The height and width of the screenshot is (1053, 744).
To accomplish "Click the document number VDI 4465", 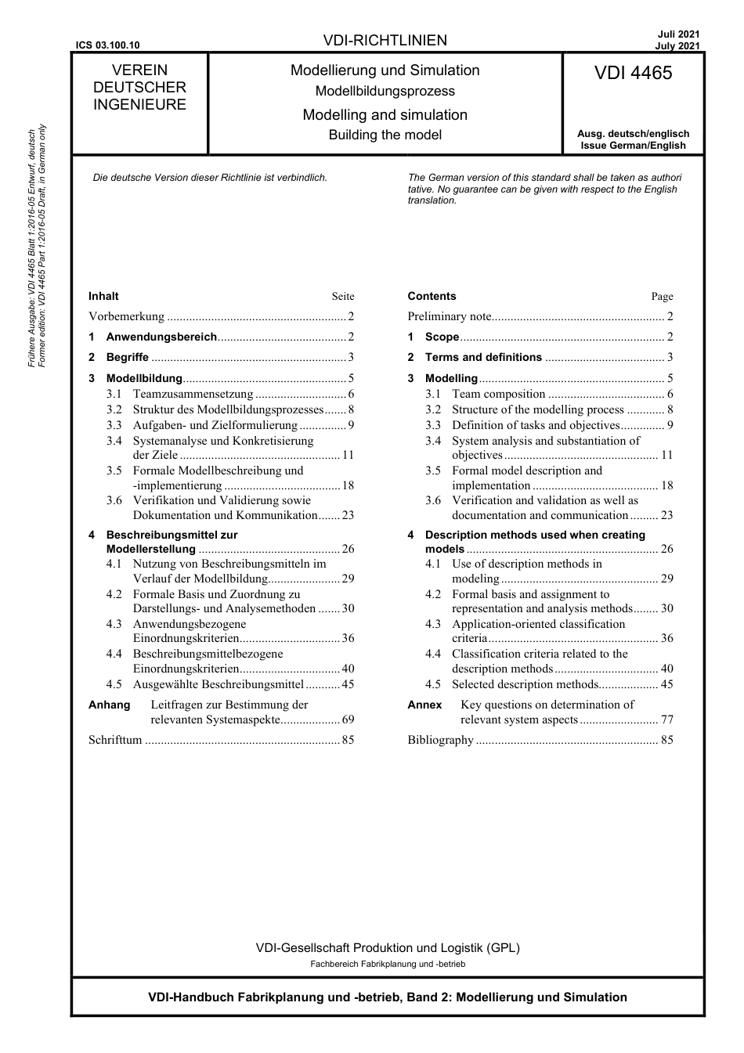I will tap(633, 73).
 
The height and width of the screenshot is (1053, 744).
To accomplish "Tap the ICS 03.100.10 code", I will tap(108, 46).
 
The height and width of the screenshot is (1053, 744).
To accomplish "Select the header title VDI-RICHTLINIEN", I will tap(385, 41).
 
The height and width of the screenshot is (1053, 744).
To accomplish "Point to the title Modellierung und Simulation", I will tap(385, 70).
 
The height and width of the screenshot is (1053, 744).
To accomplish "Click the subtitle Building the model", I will tap(385, 135).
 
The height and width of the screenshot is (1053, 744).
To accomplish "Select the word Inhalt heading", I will tap(103, 296).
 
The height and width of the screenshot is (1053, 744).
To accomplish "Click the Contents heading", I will tap(432, 296).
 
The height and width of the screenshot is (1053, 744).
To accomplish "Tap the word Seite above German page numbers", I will tap(342, 297).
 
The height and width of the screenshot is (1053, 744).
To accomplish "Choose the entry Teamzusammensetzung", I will tap(193, 395).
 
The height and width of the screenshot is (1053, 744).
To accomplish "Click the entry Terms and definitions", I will tap(483, 357).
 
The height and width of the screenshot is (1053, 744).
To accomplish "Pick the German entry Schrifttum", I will tap(115, 740).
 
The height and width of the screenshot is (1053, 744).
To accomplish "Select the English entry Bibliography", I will tap(440, 740).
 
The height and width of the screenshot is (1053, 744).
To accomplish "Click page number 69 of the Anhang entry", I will tap(348, 719).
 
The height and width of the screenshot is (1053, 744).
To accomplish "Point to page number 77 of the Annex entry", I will tap(666, 719).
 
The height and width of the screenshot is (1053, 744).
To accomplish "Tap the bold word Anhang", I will tap(109, 705).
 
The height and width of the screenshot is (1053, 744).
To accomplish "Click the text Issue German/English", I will tap(633, 145).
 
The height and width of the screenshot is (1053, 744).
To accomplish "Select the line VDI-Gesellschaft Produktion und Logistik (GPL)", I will tap(388, 948).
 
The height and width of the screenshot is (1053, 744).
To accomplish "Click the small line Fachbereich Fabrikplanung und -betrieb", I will tap(388, 964).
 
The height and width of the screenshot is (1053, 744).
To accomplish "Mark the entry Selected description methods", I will tap(525, 684).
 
